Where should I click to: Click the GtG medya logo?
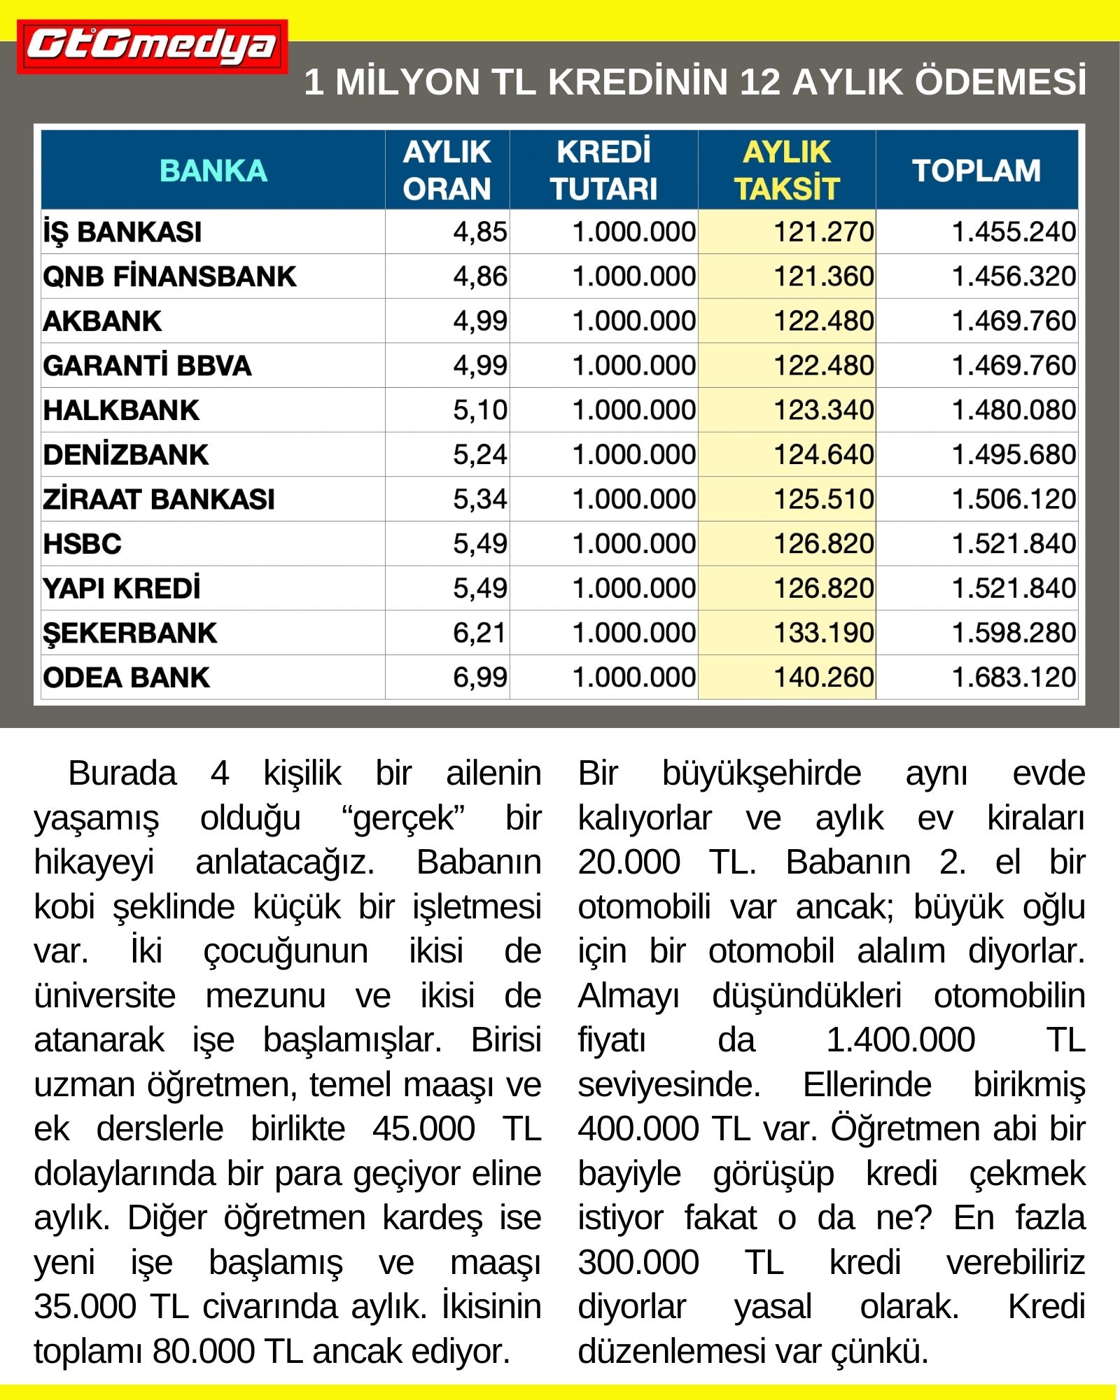(x=152, y=46)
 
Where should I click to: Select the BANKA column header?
(x=213, y=171)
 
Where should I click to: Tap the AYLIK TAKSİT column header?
(x=786, y=171)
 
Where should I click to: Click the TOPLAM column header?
(x=976, y=171)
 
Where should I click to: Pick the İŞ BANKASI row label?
(x=122, y=232)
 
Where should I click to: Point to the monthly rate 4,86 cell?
(x=479, y=276)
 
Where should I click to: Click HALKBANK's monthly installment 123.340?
(x=823, y=410)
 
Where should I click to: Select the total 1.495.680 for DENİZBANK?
(x=1014, y=455)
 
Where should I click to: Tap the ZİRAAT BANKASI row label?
(x=159, y=499)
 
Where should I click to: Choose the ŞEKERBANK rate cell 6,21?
(x=479, y=633)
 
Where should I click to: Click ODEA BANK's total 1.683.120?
(x=1014, y=678)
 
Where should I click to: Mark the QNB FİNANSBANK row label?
(x=169, y=276)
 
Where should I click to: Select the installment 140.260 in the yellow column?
(x=823, y=678)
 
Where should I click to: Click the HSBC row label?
(x=83, y=544)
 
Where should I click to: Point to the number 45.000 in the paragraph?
(x=423, y=1129)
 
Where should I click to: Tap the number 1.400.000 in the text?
(x=900, y=1040)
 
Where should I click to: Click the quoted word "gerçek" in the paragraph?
(x=403, y=818)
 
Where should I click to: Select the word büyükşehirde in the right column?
(x=762, y=773)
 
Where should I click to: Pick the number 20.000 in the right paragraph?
(x=629, y=862)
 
